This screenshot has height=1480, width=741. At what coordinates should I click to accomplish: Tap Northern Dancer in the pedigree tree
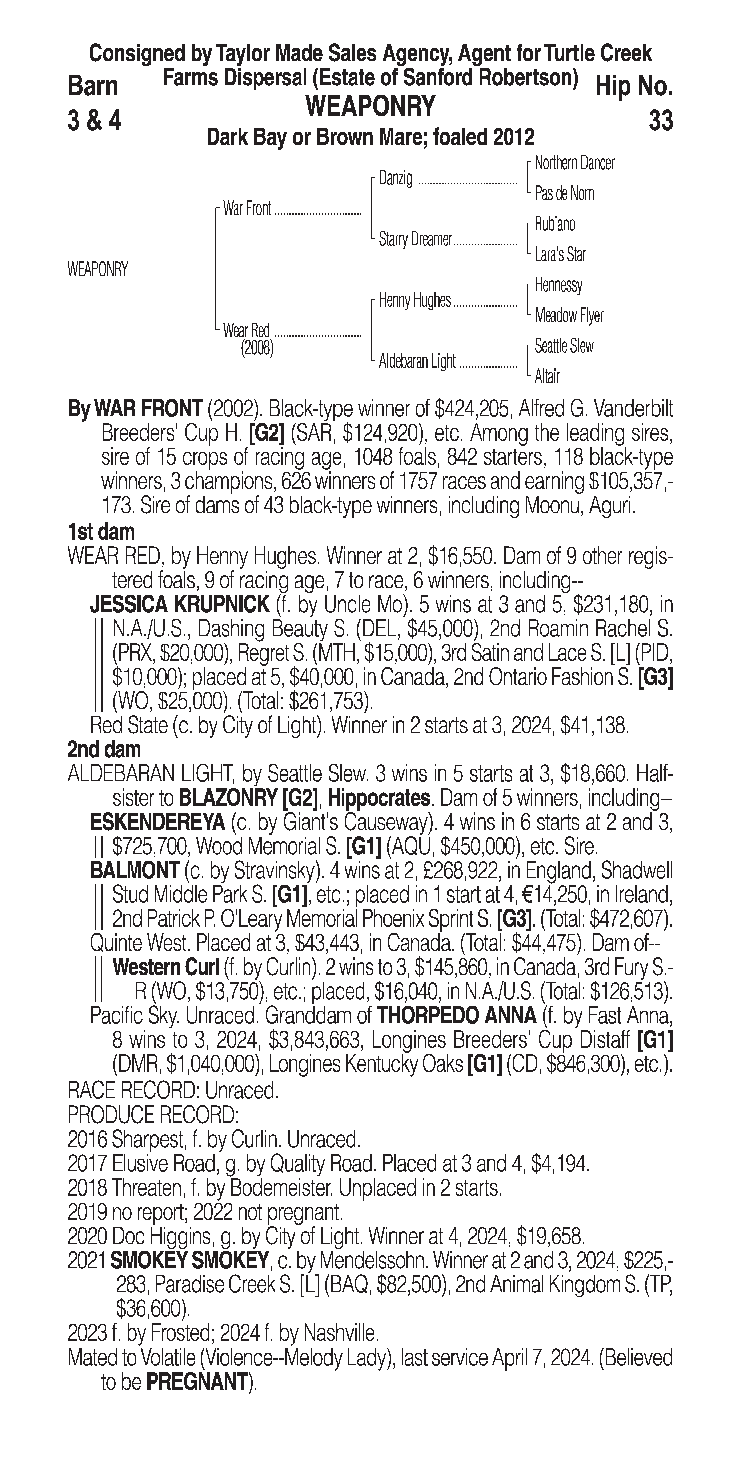(574, 163)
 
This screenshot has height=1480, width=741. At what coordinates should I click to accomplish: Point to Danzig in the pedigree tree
(396, 179)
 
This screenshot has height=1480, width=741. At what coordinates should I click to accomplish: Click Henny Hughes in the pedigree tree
(415, 300)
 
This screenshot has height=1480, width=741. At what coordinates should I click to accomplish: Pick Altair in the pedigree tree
(547, 376)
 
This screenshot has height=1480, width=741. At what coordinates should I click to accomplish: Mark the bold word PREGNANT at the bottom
(196, 1382)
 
